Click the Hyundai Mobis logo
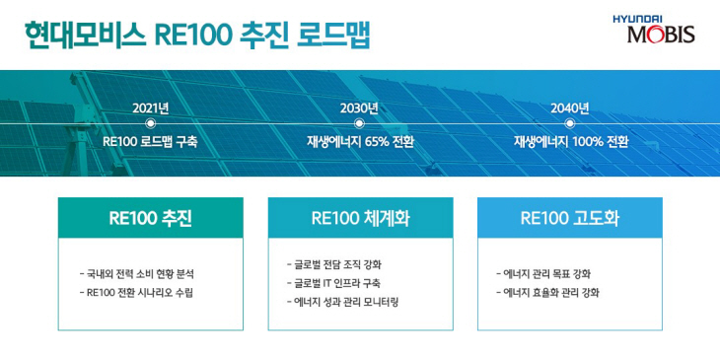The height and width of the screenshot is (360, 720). coord(653,29)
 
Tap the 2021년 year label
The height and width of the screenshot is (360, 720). coord(150,108)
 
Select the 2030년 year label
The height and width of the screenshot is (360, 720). coord(359,108)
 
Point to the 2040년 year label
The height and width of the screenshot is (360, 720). coord(570,108)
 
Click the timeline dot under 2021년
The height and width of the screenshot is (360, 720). coord(150,123)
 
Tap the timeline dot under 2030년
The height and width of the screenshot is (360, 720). coord(359,123)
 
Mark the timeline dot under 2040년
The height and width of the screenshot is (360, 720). coord(570,123)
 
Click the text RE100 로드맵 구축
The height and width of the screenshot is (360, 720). coord(150,141)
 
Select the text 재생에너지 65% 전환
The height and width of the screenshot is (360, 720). coord(360,141)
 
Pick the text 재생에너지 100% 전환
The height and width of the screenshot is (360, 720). coord(570,141)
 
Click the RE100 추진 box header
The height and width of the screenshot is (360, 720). coord(150,218)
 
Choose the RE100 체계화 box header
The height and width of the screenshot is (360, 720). coord(360,218)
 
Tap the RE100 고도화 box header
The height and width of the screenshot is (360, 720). coord(570,218)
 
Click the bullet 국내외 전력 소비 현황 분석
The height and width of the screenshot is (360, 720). coord(144,273)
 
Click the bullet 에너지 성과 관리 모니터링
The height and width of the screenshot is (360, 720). coord(340,302)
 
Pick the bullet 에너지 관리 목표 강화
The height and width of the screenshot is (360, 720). coord(543,273)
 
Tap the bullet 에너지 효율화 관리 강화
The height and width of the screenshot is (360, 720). coord(547,293)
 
